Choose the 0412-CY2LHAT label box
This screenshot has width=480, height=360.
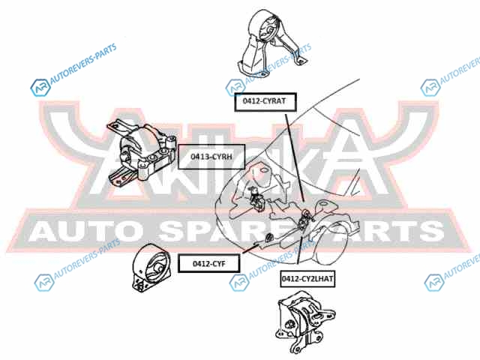(x=308, y=278)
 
